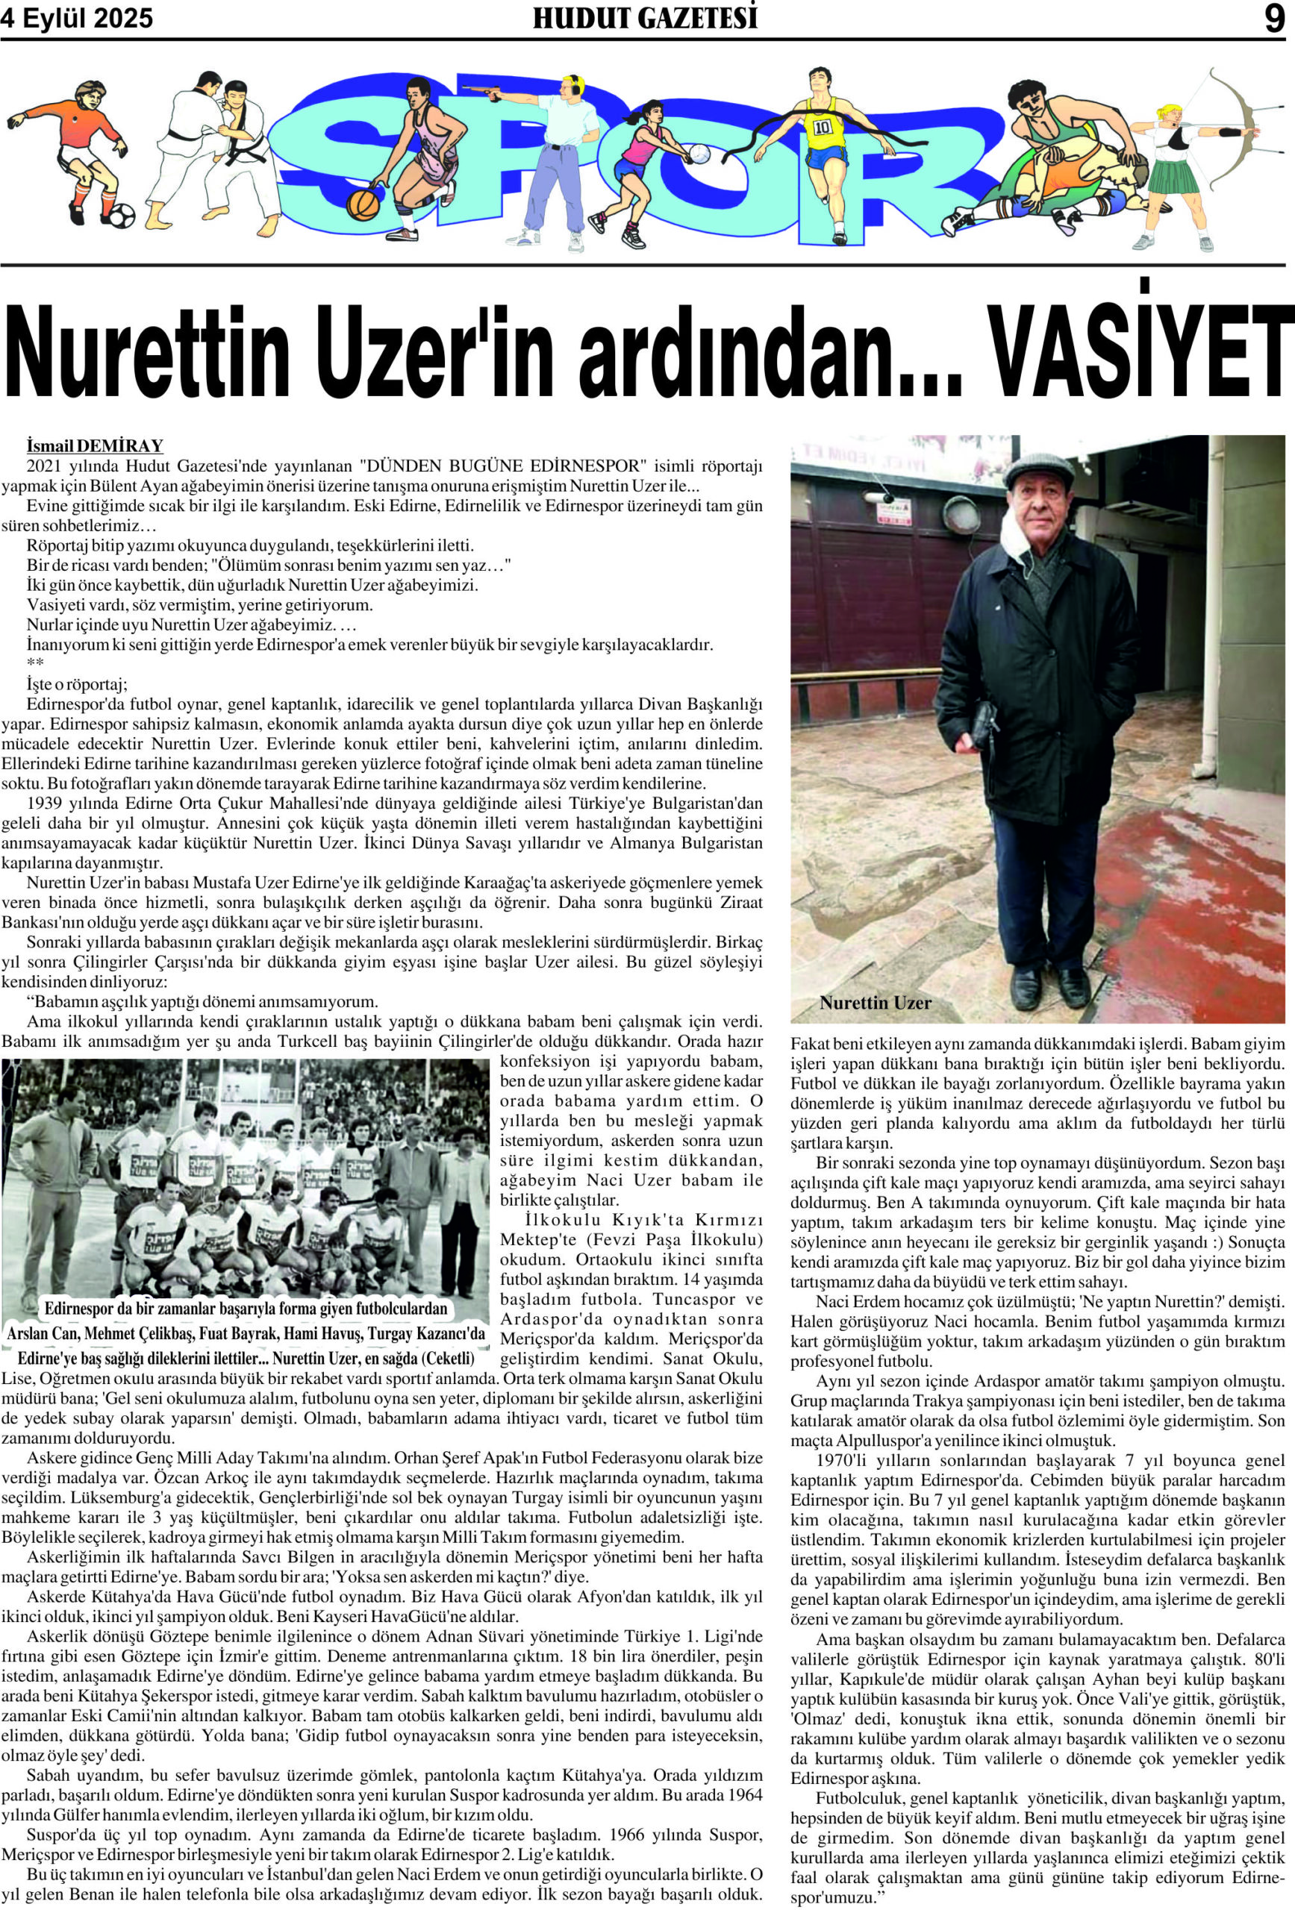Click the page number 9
pos(1273,18)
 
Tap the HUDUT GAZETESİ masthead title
pos(645,18)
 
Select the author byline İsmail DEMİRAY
pos(95,446)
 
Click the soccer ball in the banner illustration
pos(121,216)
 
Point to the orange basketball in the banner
pos(363,204)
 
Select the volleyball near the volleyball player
pos(699,153)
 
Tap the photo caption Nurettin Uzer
pos(875,1003)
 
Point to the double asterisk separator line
pos(35,663)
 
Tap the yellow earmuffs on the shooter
pos(575,83)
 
